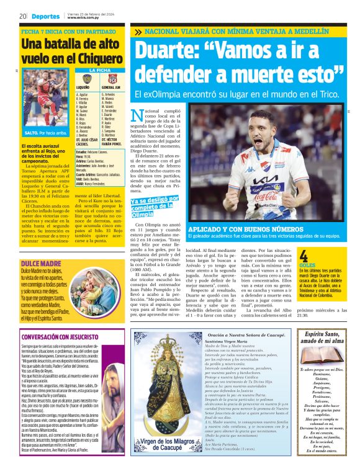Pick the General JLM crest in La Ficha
point(113,79)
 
